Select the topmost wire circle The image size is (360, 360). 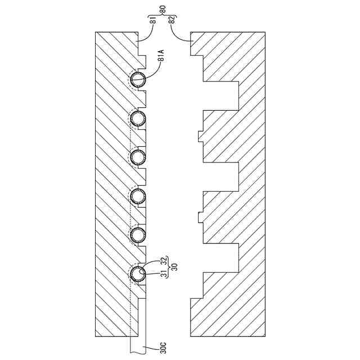pyautogui.click(x=138, y=80)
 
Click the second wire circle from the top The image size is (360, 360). pyautogui.click(x=138, y=119)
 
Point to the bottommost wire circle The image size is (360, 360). pyautogui.click(x=138, y=274)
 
